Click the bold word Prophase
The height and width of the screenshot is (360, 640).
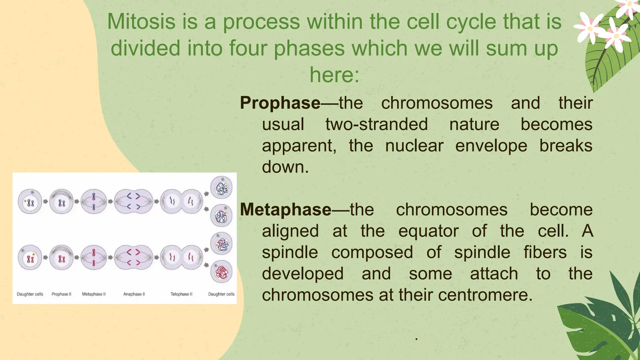click(280, 103)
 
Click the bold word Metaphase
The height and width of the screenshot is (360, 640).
click(285, 210)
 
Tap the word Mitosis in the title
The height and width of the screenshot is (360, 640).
click(141, 22)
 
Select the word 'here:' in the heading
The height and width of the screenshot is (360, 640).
click(334, 75)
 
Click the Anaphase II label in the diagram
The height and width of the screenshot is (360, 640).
click(134, 294)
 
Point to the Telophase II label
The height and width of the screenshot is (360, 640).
click(181, 294)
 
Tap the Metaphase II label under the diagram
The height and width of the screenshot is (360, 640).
click(94, 294)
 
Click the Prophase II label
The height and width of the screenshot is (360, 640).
click(62, 294)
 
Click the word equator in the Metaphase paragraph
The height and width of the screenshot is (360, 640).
click(428, 231)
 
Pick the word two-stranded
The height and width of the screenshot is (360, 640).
click(377, 124)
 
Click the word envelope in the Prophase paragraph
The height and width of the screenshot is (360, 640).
click(491, 146)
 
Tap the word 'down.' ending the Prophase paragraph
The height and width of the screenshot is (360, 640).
click(285, 167)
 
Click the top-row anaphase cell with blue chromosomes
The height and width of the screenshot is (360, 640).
click(133, 201)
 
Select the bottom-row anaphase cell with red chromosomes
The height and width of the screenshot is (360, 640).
click(133, 257)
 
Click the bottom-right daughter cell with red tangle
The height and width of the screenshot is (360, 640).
click(222, 272)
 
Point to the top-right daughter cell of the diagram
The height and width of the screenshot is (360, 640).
click(222, 188)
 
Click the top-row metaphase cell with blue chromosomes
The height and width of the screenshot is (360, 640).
click(94, 202)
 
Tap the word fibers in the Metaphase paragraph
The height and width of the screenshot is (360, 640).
click(545, 252)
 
